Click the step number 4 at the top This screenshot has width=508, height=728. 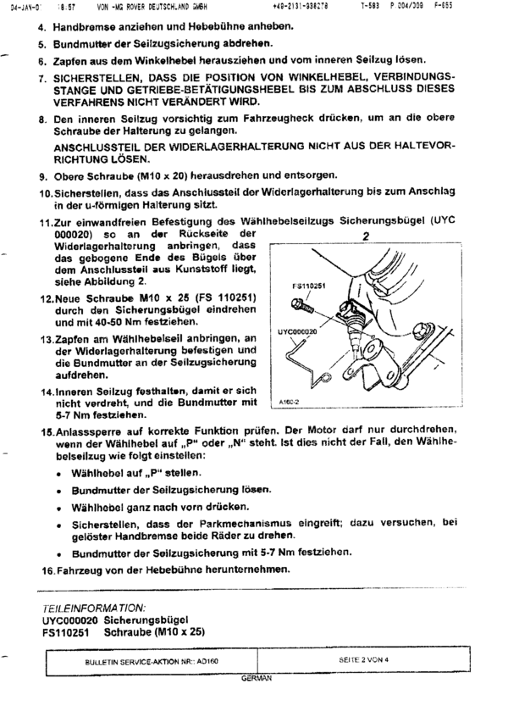(x=42, y=25)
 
